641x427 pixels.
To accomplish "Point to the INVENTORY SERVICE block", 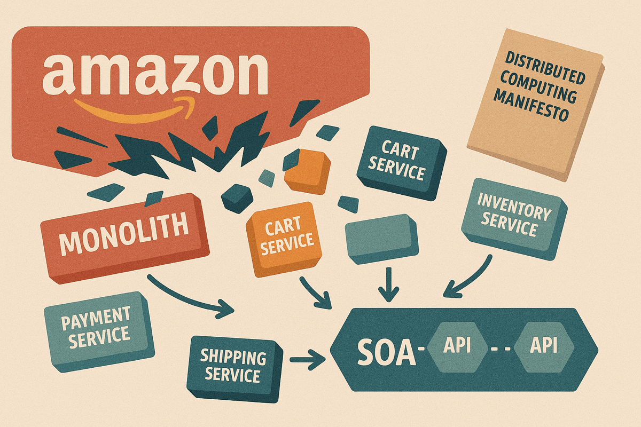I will pos(512,218).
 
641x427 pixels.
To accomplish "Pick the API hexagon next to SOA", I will pos(457,346).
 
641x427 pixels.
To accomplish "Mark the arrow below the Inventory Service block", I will pos(470,278).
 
